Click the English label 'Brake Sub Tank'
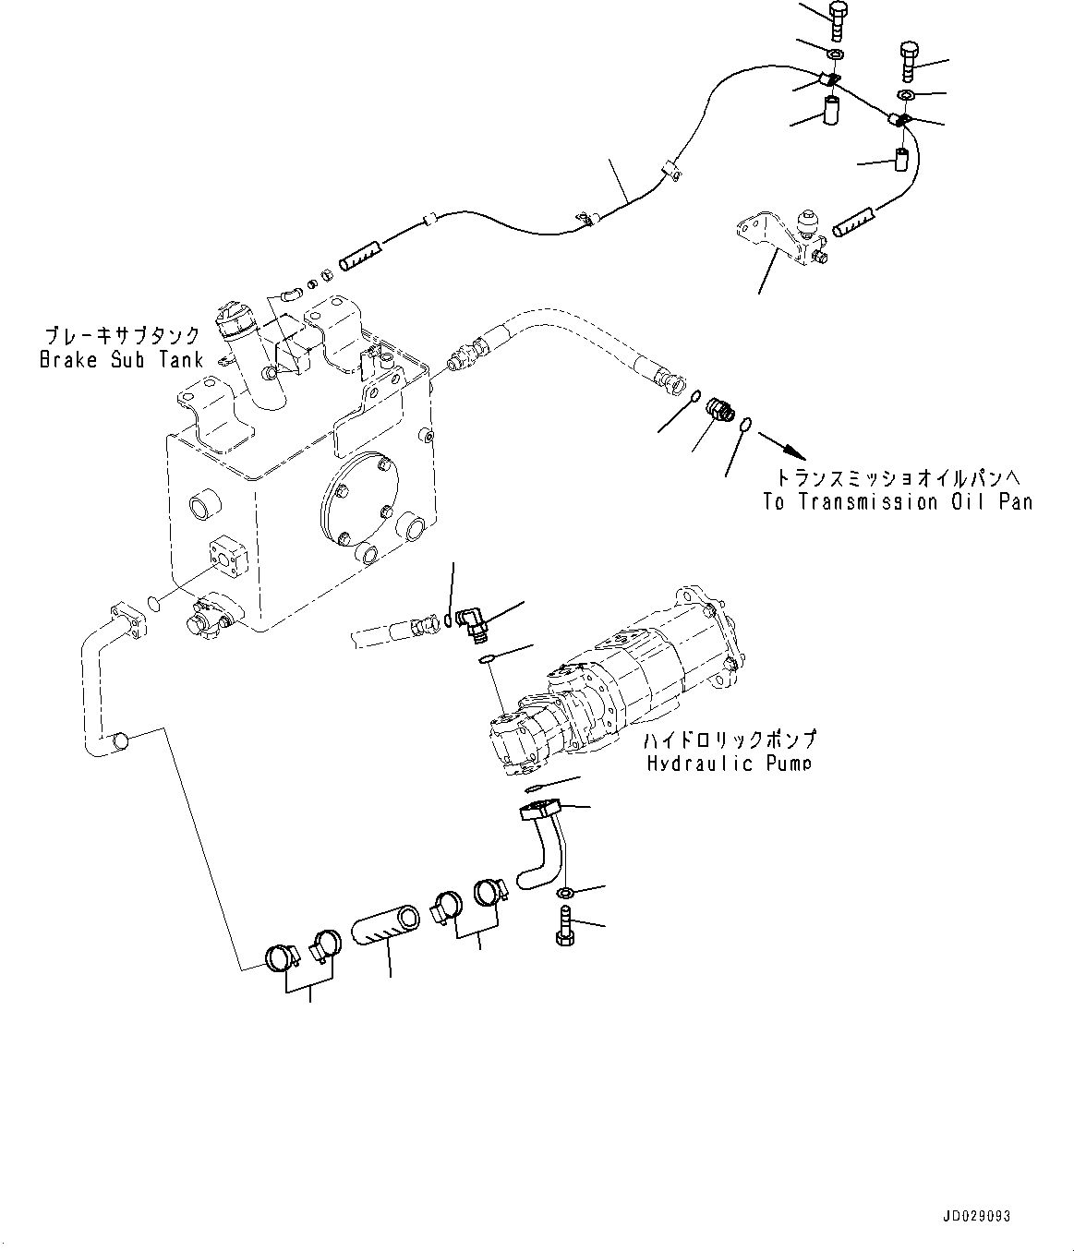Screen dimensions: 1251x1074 pyautogui.click(x=120, y=360)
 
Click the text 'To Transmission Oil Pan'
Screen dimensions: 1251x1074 pyautogui.click(x=897, y=502)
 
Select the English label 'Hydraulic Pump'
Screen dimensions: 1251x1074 pyautogui.click(x=729, y=764)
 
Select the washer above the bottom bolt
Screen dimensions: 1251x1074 pyautogui.click(x=566, y=893)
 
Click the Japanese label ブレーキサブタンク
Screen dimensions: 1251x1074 pyautogui.click(x=121, y=336)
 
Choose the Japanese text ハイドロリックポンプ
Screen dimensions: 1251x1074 pyautogui.click(x=730, y=740)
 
